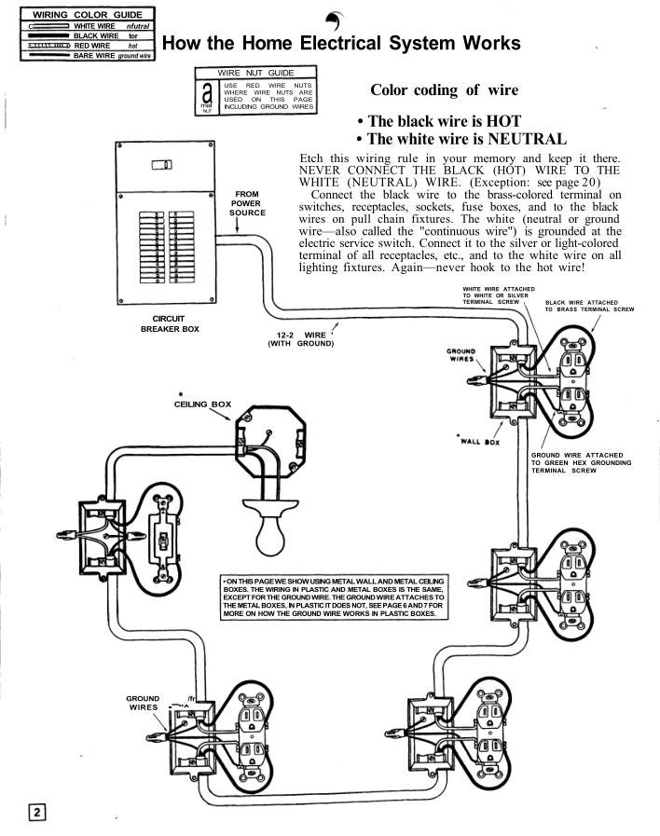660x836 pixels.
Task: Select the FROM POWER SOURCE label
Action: coord(247,203)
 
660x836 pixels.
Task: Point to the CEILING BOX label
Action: coord(202,404)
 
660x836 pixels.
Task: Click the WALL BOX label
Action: coord(480,441)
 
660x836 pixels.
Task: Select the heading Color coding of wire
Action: coord(445,89)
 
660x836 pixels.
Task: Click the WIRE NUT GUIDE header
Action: coord(254,73)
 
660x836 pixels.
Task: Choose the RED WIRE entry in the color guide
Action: coord(92,45)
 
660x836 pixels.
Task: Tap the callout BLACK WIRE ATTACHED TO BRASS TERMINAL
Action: coord(589,306)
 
